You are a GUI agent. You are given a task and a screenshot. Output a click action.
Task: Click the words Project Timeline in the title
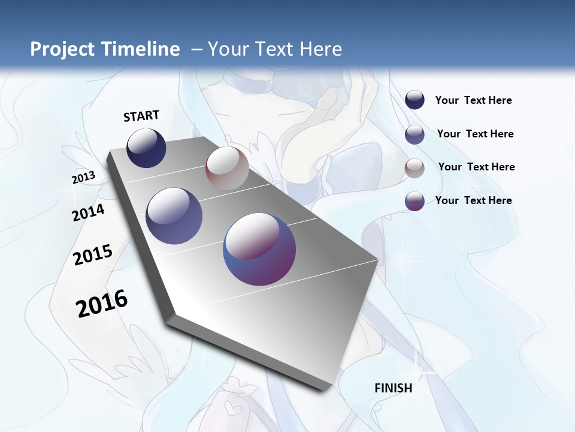click(105, 49)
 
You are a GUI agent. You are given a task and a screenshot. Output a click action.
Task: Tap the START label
click(141, 116)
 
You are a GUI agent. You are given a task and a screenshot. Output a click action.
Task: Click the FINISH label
click(394, 388)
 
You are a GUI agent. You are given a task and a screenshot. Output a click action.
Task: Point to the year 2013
click(84, 178)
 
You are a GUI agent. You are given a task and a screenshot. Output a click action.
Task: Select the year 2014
click(89, 212)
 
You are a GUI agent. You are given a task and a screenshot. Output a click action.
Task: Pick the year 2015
click(93, 255)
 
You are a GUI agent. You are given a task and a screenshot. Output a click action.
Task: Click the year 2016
click(102, 304)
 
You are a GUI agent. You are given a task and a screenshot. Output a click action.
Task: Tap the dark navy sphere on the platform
click(146, 148)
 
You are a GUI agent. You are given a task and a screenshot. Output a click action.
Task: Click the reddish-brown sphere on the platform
click(227, 168)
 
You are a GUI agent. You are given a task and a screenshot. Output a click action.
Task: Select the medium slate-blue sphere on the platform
click(174, 216)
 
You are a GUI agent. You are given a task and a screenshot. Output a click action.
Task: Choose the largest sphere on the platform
click(259, 249)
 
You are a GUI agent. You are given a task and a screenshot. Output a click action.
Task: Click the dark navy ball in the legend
click(414, 100)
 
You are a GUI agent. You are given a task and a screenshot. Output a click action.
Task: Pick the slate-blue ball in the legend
click(414, 134)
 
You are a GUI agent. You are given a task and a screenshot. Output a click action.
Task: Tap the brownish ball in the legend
click(414, 168)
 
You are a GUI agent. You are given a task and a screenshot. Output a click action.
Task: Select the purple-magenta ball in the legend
click(414, 201)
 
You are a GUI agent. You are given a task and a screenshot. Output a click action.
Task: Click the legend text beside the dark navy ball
click(473, 100)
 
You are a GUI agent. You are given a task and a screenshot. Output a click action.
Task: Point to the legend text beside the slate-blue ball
click(475, 134)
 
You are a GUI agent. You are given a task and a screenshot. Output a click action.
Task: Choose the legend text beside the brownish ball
click(476, 167)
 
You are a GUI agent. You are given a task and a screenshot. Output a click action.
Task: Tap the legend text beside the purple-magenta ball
click(473, 200)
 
